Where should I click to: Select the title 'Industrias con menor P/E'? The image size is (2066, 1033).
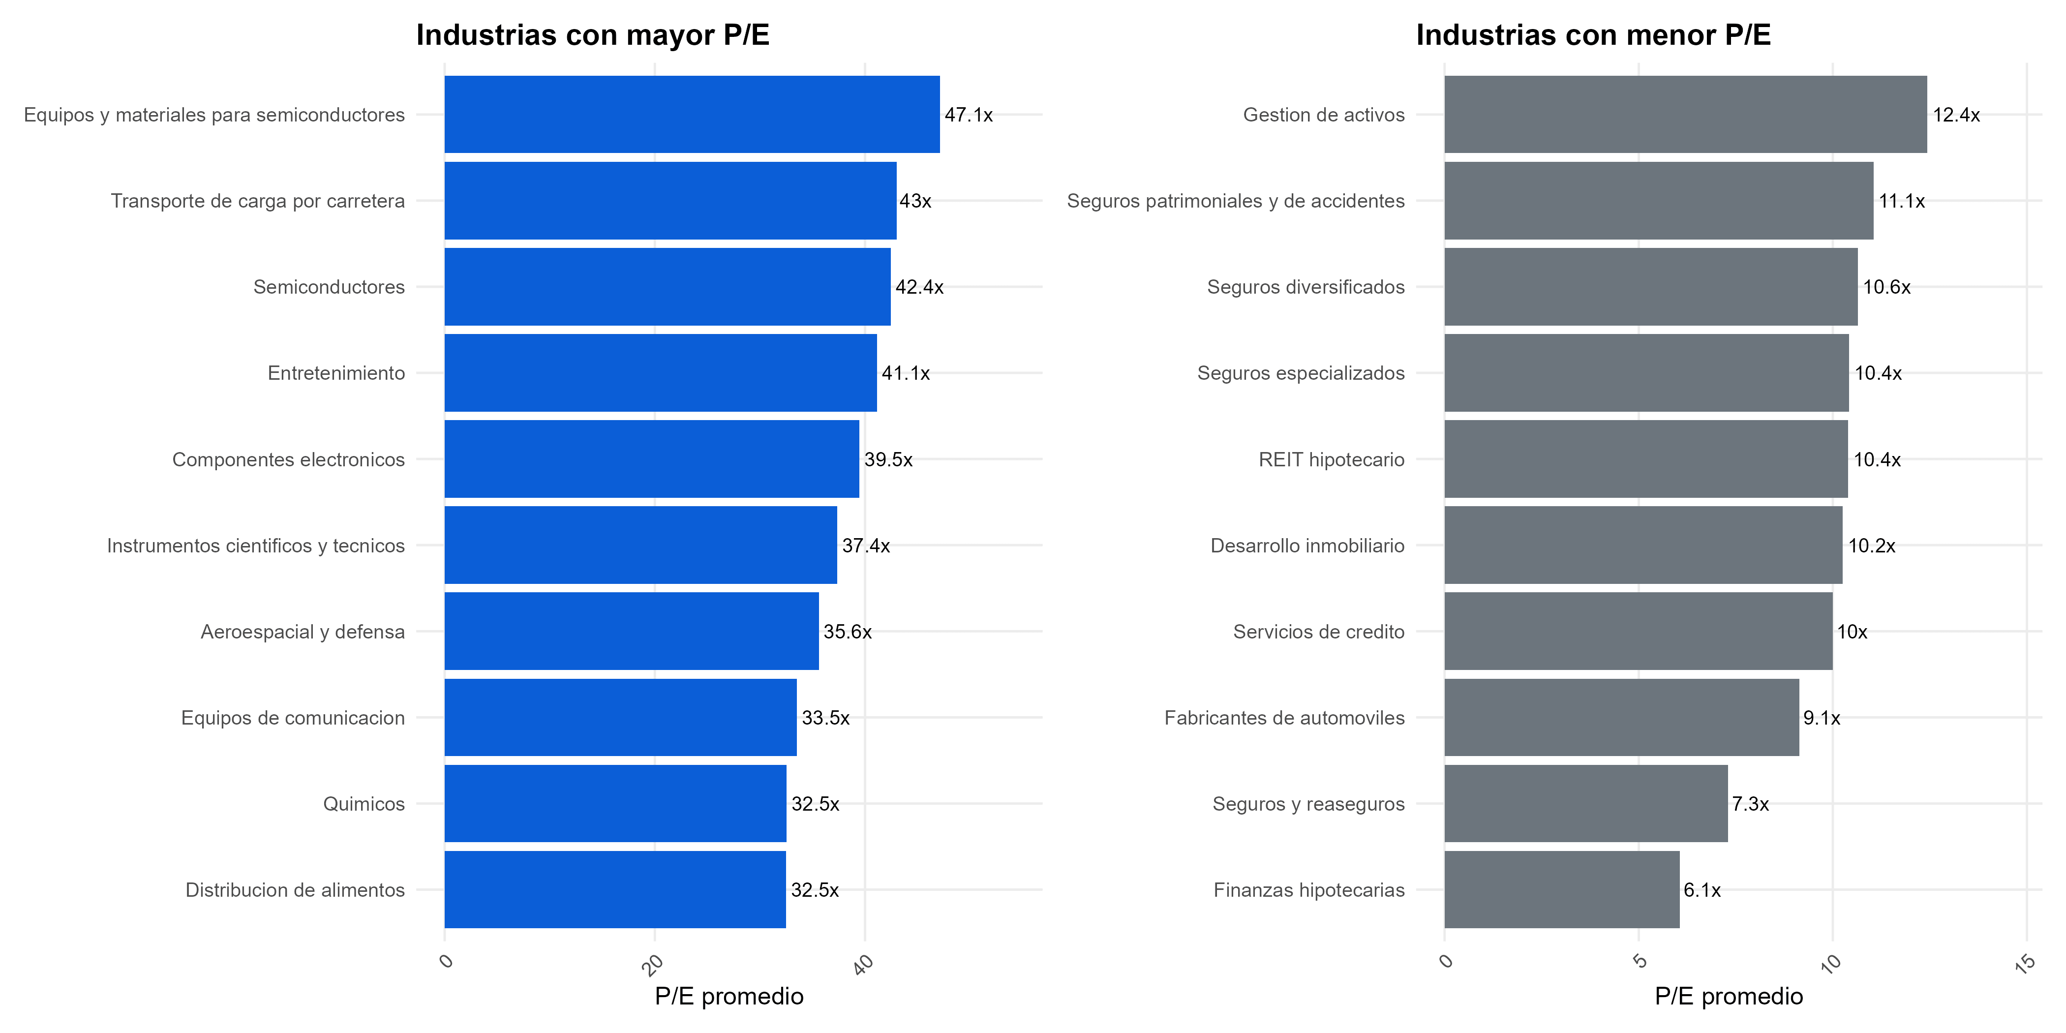click(x=1593, y=35)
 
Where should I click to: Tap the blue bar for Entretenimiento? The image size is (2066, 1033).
click(x=660, y=373)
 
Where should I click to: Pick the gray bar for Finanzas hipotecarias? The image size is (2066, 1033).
click(x=1561, y=889)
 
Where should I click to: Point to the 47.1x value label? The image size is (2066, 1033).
click(x=968, y=115)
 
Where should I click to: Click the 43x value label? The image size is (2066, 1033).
click(x=915, y=201)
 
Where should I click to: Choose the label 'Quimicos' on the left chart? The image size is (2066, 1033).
click(x=364, y=804)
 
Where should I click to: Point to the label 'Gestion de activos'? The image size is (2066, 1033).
click(x=1323, y=115)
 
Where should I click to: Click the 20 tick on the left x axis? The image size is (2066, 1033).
click(x=654, y=964)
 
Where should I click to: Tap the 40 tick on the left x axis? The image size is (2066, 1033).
click(x=863, y=964)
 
